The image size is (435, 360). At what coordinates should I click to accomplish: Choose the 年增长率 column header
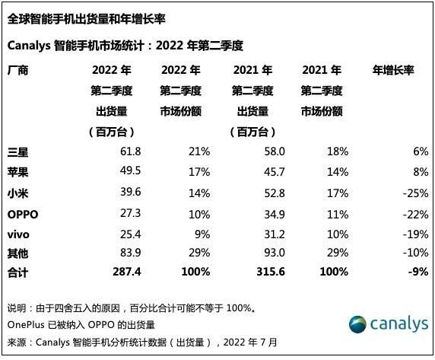[393, 71]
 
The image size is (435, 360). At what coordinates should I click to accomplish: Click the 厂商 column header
[17, 71]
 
